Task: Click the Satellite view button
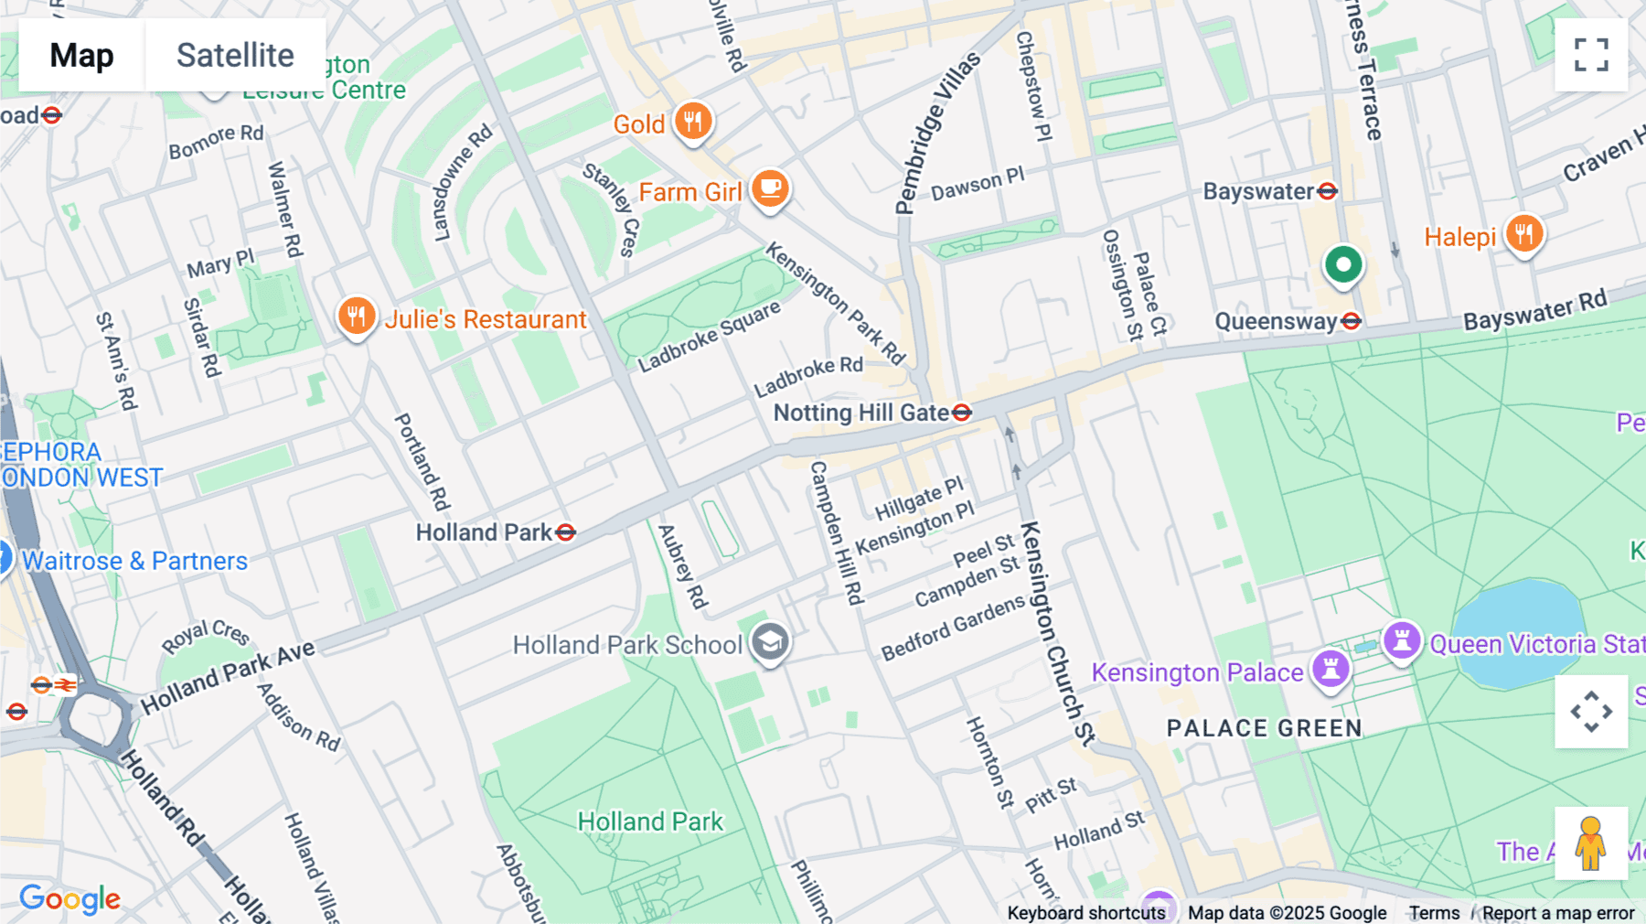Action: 235,55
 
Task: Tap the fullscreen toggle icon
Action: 1591,55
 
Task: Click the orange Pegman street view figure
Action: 1591,843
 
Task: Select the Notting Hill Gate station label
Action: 860,413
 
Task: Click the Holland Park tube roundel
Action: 566,532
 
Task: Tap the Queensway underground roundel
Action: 1352,321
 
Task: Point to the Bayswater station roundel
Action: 1328,191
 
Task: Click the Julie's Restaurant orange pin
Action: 357,317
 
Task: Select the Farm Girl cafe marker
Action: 770,189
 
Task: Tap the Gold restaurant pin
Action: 693,121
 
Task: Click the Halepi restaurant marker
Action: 1523,234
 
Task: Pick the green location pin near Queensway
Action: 1343,266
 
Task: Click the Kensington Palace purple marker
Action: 1331,669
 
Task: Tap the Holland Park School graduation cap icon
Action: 770,642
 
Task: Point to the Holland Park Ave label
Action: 228,676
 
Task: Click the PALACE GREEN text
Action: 1265,728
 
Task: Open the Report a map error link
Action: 1557,913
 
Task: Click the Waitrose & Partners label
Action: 135,561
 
